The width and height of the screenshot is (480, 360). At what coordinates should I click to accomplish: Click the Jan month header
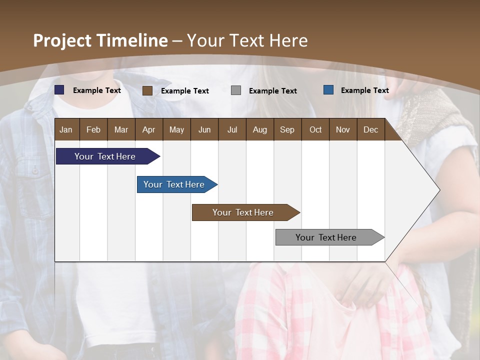66,129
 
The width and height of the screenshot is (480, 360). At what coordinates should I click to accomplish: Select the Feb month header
93,129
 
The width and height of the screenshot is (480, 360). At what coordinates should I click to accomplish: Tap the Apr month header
148,129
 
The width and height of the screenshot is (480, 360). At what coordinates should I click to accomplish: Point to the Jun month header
204,129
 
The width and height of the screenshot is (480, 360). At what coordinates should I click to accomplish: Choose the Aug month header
260,129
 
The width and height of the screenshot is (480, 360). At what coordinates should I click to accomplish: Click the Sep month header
287,129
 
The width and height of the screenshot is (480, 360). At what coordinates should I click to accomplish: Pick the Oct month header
315,129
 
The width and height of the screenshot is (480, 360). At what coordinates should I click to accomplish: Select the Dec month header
370,129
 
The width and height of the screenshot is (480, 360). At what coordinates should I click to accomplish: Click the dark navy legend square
59,90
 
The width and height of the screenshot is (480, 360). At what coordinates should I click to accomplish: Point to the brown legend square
147,90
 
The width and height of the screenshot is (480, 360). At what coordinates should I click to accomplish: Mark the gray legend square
236,90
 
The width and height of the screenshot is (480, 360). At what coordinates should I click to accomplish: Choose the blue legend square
328,90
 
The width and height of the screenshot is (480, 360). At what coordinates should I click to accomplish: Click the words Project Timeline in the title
100,40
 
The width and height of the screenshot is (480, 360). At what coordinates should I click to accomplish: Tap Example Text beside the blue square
364,90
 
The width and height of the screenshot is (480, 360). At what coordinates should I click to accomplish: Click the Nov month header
342,129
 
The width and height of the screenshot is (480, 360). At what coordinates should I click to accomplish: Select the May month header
176,129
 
